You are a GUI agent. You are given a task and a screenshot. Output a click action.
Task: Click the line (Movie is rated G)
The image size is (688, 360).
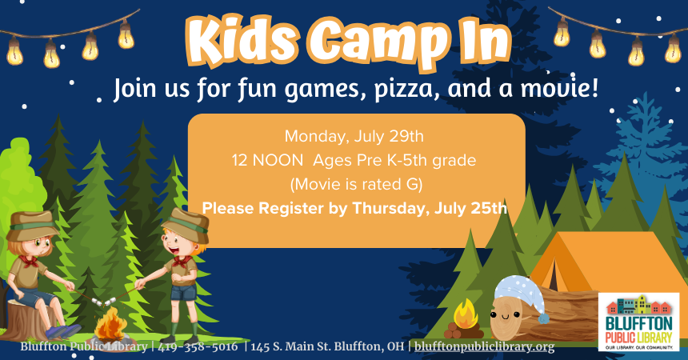pos(355,185)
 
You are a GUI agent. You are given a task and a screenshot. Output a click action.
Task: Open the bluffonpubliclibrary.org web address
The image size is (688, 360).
pos(484,347)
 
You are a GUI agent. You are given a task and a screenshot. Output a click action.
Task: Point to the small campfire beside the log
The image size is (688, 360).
pos(465,316)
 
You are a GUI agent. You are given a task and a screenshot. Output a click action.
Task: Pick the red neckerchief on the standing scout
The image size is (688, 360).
pos(182,261)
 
